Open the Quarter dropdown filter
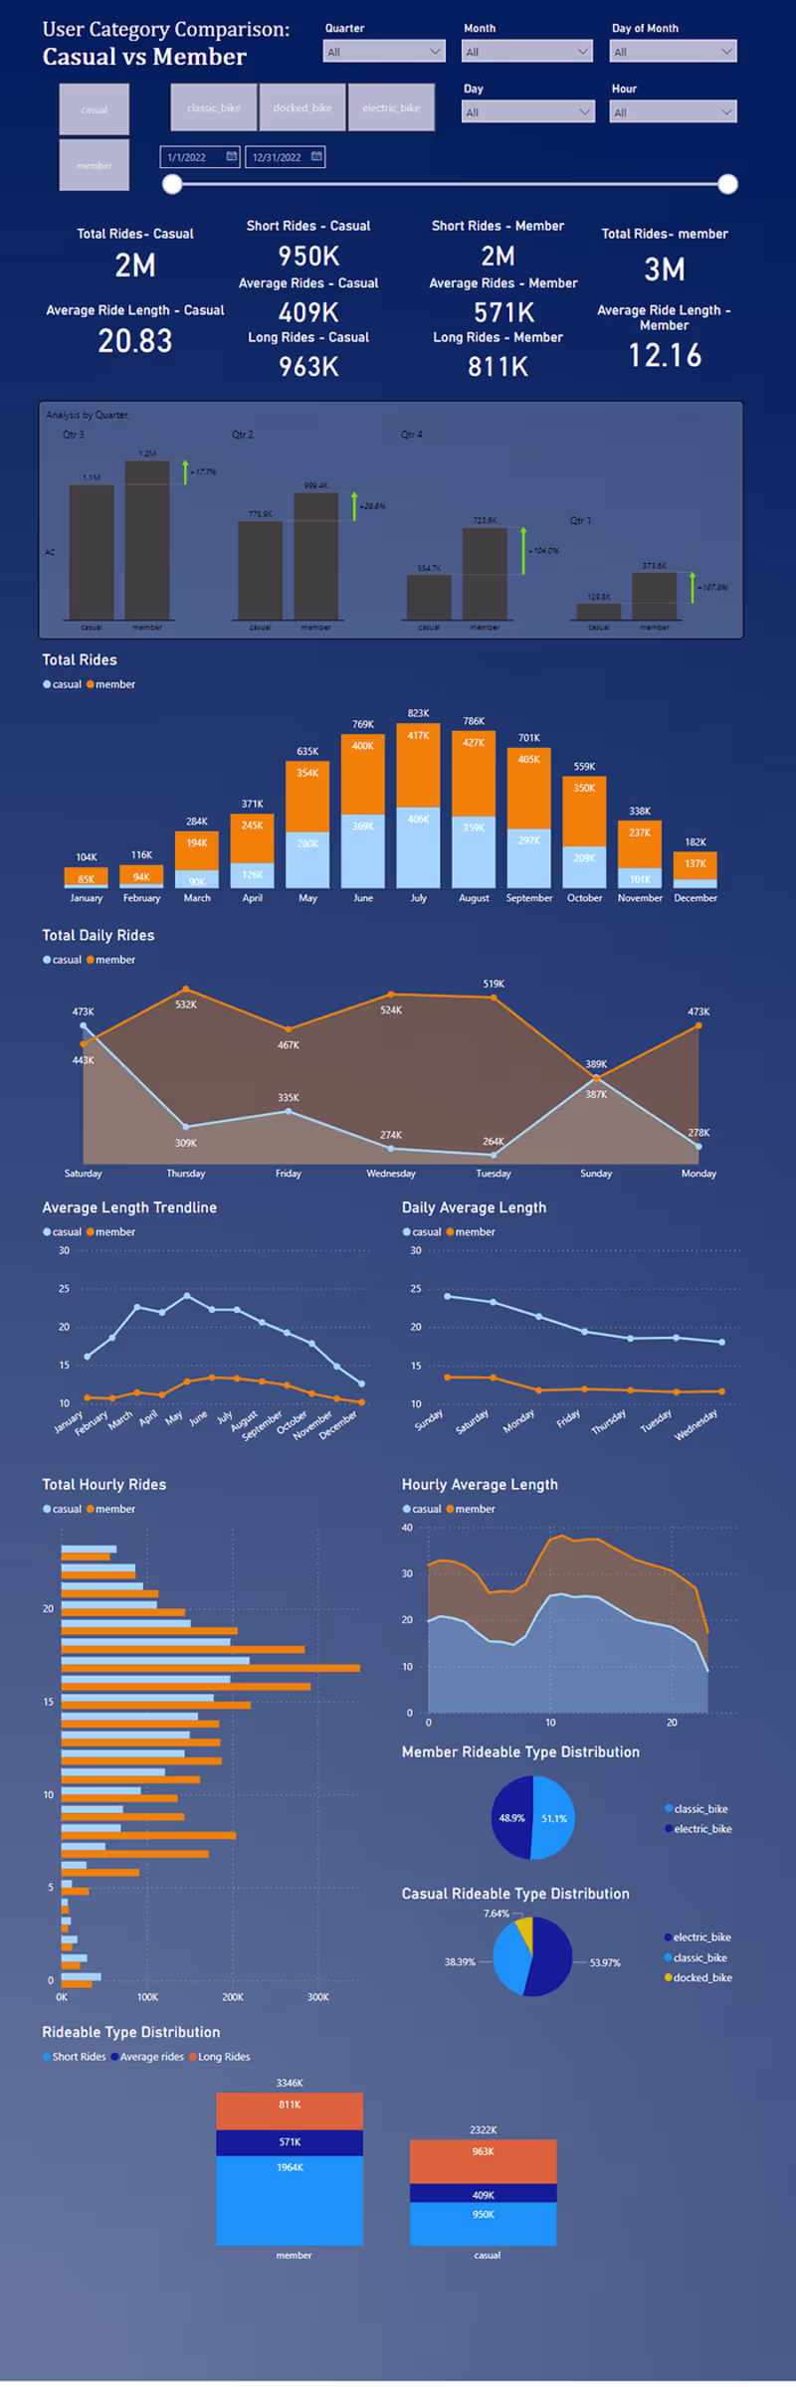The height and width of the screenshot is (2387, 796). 384,51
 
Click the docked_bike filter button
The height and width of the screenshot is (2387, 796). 302,107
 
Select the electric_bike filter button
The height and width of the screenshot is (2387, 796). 391,107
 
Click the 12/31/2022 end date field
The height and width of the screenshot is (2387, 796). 285,157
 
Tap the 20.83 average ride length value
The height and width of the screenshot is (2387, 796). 135,341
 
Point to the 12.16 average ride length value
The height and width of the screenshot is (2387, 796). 665,355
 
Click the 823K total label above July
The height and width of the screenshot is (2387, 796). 419,713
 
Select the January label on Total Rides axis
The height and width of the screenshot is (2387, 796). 87,898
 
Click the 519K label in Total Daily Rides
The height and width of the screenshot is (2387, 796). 494,984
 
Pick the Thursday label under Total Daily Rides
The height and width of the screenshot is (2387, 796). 186,1174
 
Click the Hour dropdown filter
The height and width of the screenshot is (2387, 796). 673,111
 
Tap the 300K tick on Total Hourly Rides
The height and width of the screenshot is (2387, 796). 318,1997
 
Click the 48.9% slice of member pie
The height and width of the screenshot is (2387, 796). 511,1818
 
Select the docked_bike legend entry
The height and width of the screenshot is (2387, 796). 702,1978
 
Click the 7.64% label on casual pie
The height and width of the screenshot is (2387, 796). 497,1914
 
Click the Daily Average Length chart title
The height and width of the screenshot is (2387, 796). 474,1207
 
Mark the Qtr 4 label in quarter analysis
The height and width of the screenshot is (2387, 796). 411,435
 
